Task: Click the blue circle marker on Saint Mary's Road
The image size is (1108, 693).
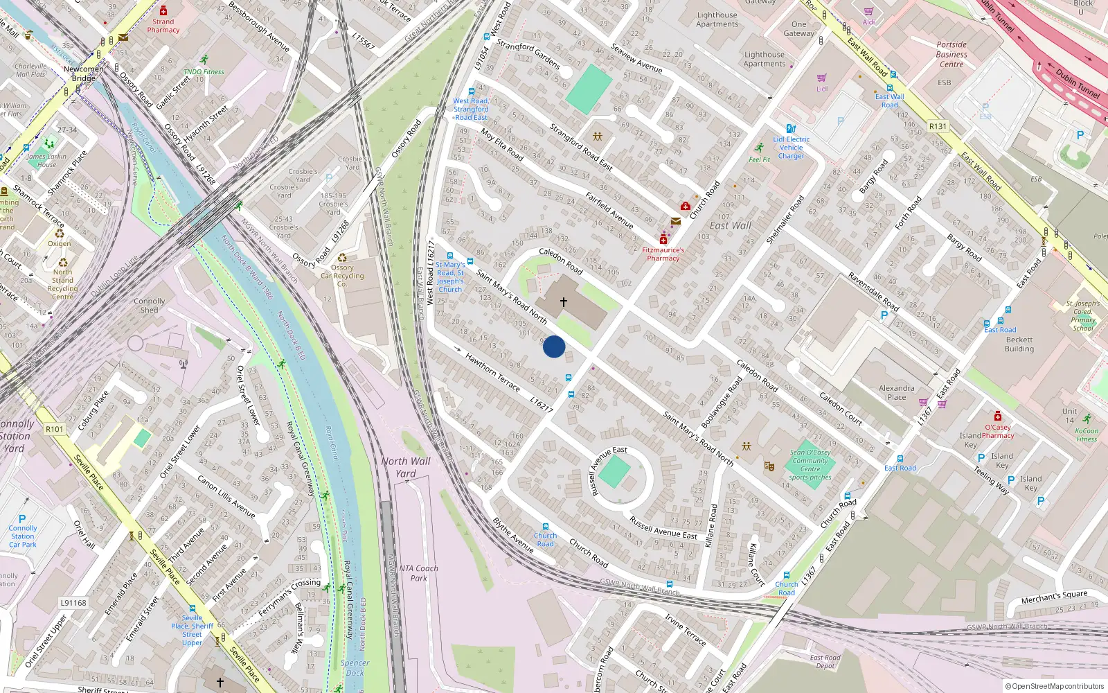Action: [x=554, y=346]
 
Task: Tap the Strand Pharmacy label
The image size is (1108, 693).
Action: [x=163, y=26]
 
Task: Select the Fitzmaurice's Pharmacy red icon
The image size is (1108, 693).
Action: [x=663, y=239]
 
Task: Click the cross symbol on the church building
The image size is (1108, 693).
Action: [x=564, y=302]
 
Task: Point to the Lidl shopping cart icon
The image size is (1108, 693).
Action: [x=822, y=78]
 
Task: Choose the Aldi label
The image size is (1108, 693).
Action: [x=869, y=22]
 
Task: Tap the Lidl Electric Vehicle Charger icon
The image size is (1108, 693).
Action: [x=791, y=129]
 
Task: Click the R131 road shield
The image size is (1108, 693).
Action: [x=938, y=126]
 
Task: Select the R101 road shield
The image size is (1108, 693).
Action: [x=55, y=429]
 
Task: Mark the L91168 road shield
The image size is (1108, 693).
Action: [x=73, y=603]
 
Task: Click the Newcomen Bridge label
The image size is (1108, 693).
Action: [x=84, y=73]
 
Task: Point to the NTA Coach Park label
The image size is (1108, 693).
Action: [x=418, y=573]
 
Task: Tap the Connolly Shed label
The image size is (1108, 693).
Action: [x=150, y=306]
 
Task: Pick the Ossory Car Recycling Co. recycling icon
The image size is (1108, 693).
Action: [x=342, y=258]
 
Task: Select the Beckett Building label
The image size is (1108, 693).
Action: [x=1019, y=344]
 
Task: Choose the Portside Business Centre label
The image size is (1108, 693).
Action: [x=951, y=54]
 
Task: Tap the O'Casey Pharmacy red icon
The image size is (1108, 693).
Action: [x=997, y=416]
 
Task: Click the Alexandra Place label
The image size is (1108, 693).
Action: [x=897, y=393]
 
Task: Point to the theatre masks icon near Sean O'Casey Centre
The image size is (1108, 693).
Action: [x=769, y=466]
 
